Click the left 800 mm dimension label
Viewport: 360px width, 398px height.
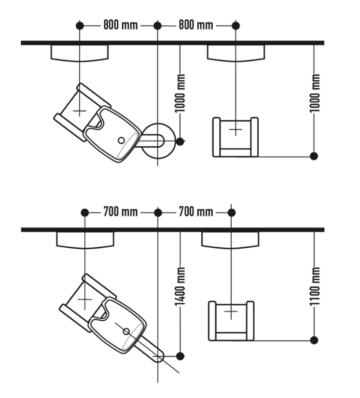121,26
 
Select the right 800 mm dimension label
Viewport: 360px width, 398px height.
196,26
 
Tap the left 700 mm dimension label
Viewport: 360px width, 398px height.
121,212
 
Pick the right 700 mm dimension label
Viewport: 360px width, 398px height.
196,212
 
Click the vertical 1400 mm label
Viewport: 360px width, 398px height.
180,286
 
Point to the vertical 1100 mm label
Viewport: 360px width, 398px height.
315,286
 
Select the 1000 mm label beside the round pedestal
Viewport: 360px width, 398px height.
180,93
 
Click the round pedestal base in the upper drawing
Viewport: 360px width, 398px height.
158,141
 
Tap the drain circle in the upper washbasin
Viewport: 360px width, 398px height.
122,141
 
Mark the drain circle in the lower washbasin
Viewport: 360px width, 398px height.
126,331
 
